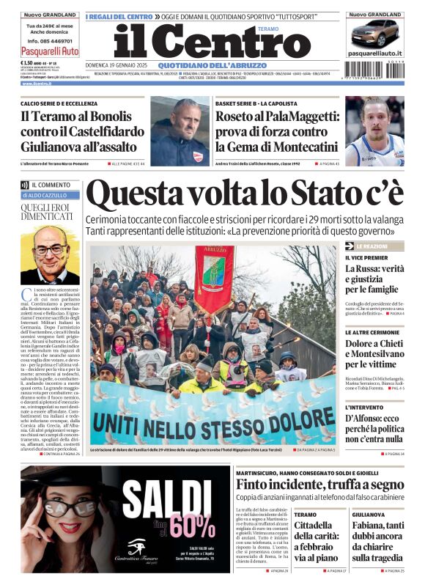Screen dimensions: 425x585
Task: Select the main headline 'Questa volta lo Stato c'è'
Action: pos(245,194)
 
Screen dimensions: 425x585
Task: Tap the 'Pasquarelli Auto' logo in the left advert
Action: pos(51,51)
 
